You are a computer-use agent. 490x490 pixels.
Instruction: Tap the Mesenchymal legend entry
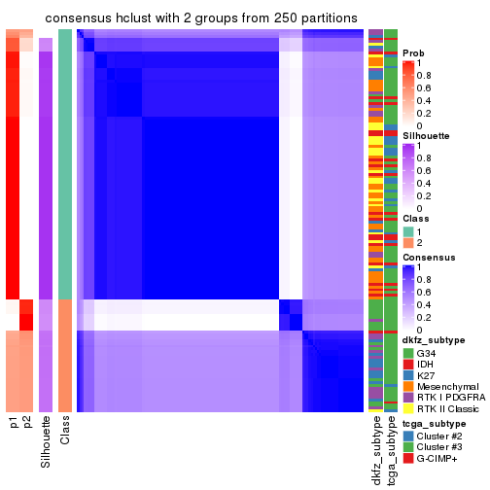pos(448,386)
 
